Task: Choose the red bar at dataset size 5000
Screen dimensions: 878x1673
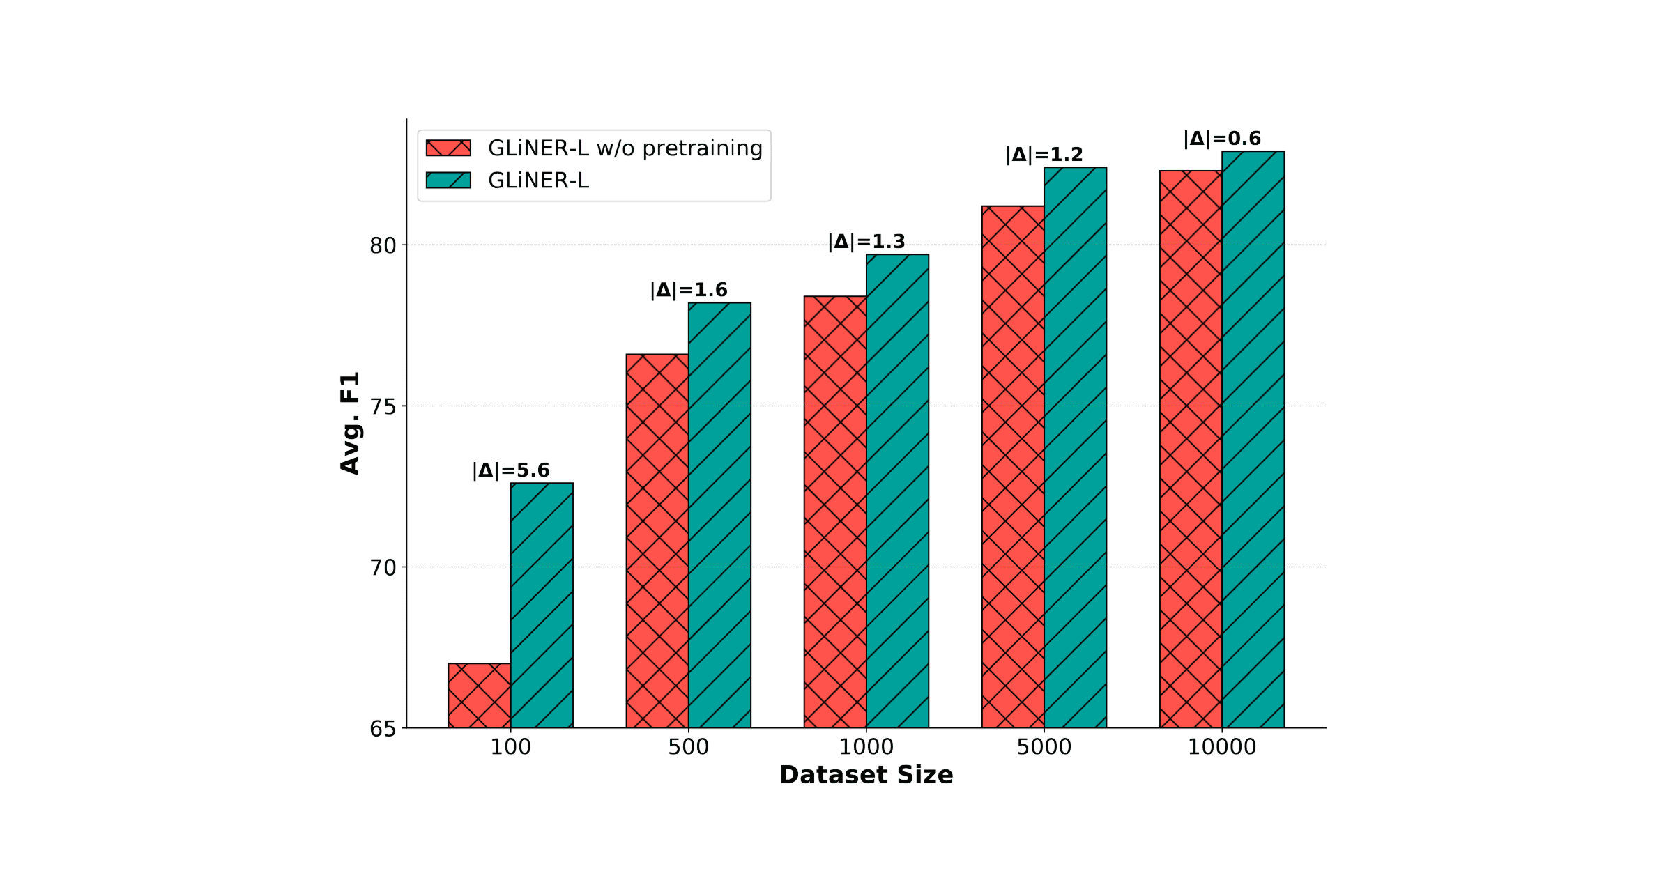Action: [x=1013, y=467]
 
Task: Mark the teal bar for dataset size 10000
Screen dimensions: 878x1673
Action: [x=1253, y=439]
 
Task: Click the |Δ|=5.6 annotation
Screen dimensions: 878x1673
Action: [x=511, y=470]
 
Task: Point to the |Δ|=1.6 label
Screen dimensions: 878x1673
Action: [x=689, y=290]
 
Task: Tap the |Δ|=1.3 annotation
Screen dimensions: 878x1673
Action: [x=866, y=242]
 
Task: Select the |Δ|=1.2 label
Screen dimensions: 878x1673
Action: [x=1044, y=155]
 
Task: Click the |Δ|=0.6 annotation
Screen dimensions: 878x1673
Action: [x=1222, y=139]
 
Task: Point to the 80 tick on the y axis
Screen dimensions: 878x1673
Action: [x=383, y=245]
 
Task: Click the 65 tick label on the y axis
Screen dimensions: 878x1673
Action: [x=383, y=729]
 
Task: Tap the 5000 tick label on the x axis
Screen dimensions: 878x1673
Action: [x=1044, y=747]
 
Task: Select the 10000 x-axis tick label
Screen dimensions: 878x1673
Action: [x=1222, y=747]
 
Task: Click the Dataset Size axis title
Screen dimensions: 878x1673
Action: [x=866, y=775]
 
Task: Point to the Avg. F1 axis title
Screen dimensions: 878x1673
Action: [x=350, y=423]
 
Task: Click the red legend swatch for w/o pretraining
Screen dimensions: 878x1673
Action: [x=448, y=148]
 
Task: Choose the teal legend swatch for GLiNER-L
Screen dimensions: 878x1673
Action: [x=448, y=180]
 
